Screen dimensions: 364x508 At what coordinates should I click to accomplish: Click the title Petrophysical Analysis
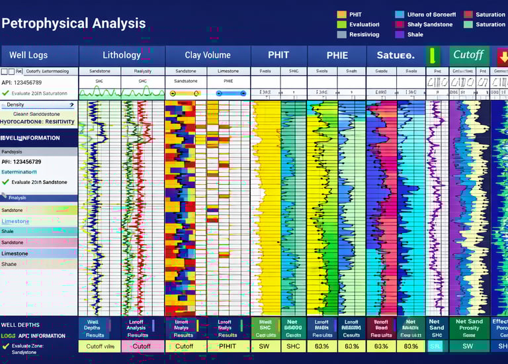point(73,23)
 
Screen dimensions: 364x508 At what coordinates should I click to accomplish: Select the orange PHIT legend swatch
point(341,15)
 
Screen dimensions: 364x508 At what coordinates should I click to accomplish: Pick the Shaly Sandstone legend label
point(430,24)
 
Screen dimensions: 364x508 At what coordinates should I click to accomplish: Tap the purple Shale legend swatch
point(400,34)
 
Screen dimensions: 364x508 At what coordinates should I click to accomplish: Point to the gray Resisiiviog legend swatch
point(341,34)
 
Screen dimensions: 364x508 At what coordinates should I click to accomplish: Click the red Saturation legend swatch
point(468,15)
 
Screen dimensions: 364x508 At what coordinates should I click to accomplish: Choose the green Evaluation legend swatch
point(341,24)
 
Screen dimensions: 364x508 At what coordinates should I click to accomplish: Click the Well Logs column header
point(28,55)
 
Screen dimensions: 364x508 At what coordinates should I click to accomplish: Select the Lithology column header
point(122,55)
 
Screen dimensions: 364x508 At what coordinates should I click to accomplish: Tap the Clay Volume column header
point(208,55)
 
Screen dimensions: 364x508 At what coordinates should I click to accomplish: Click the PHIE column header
point(337,55)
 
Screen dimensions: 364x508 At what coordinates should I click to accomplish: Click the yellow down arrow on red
point(502,55)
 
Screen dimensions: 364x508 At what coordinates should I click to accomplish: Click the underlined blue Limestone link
point(15,221)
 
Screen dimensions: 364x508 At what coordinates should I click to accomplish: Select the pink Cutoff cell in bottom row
point(142,346)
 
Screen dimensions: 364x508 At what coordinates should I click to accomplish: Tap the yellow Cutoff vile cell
point(100,346)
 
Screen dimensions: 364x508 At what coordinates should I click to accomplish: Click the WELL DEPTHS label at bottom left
point(20,325)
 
